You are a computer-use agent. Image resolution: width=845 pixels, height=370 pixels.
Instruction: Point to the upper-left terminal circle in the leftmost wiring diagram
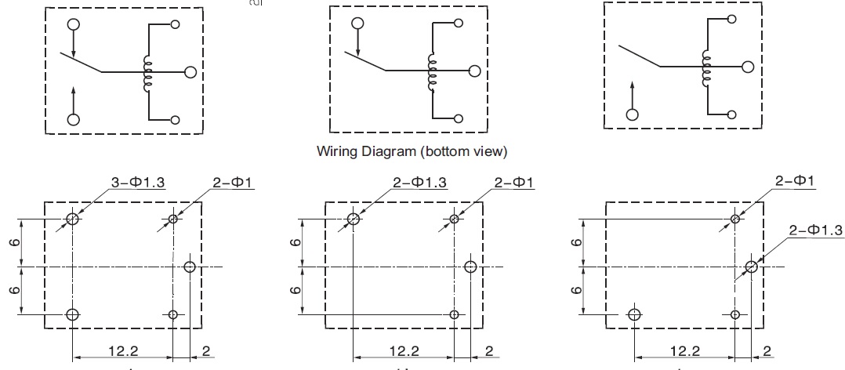74,24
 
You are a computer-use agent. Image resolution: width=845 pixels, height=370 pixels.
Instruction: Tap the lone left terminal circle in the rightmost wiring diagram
632,114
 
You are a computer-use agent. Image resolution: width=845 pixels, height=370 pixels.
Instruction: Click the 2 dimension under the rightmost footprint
767,350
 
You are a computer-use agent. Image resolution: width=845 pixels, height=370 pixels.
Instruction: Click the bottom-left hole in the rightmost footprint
634,314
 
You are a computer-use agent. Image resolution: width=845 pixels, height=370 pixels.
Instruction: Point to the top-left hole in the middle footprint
354,219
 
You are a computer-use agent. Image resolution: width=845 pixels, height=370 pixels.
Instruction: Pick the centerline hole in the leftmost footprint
189,267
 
